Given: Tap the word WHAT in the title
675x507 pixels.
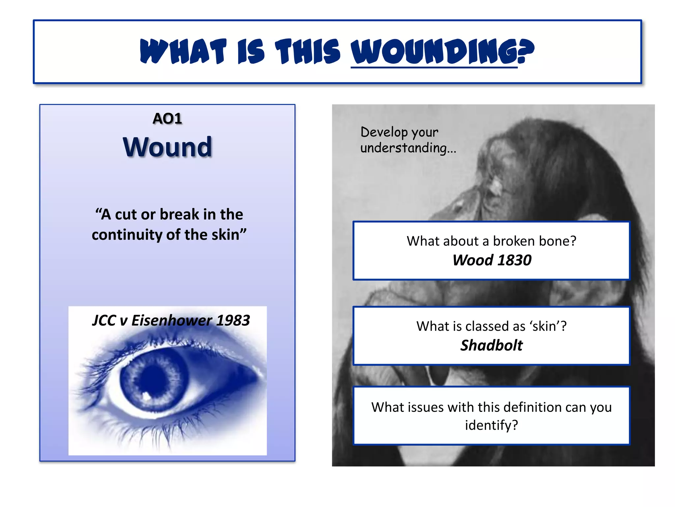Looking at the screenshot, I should [183, 51].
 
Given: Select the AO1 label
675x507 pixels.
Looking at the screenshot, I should [167, 118].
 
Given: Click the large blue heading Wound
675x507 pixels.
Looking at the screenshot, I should [167, 147].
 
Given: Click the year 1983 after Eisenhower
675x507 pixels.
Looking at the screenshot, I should [233, 320].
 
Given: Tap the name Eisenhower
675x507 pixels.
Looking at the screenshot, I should [172, 320].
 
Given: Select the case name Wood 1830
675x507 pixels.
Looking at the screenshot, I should [492, 260].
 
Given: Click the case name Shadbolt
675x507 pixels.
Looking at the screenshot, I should [491, 345].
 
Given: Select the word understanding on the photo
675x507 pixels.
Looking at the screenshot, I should [404, 148].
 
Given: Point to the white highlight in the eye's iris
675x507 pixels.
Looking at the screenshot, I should [146, 395].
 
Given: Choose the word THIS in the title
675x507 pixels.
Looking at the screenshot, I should [308, 51].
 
